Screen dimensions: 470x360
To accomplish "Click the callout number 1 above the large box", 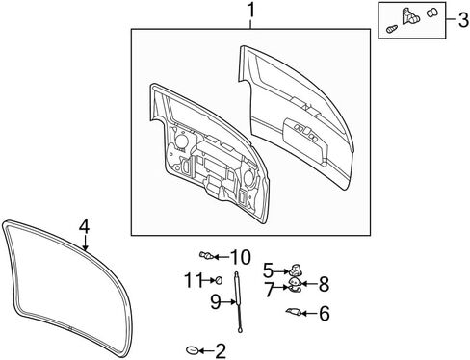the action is [251, 11].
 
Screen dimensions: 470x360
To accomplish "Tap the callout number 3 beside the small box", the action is [463, 20].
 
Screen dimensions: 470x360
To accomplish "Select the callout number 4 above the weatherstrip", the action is [84, 226].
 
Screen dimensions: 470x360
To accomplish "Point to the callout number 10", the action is [240, 257].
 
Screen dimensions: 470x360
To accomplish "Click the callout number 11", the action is [194, 280].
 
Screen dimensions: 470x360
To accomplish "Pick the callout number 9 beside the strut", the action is [216, 301].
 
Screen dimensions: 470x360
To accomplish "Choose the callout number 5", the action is [268, 270].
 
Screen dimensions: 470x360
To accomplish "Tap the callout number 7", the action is [269, 290].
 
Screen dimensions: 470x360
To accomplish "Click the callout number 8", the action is [324, 284].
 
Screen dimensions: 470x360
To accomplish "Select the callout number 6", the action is [325, 313].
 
